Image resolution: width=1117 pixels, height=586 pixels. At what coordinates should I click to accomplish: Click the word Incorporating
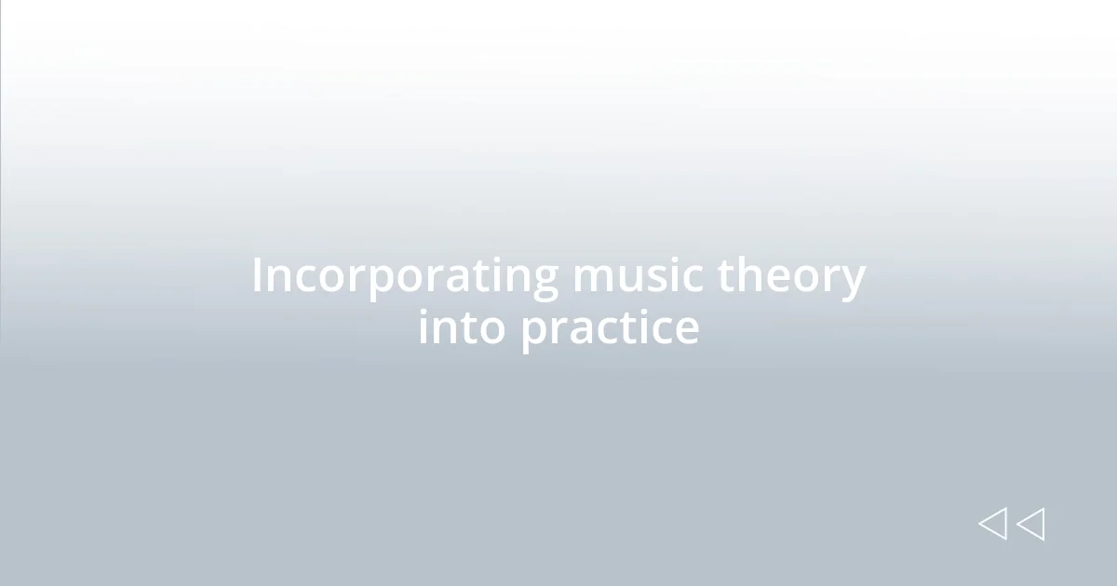click(x=405, y=276)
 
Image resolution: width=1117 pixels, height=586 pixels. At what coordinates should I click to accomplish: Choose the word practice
click(x=610, y=327)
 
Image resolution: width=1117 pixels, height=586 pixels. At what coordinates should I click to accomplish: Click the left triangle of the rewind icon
click(x=992, y=524)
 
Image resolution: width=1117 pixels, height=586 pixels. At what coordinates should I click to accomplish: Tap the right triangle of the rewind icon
click(x=1030, y=524)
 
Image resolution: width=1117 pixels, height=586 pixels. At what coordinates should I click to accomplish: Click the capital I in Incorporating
click(x=258, y=276)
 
